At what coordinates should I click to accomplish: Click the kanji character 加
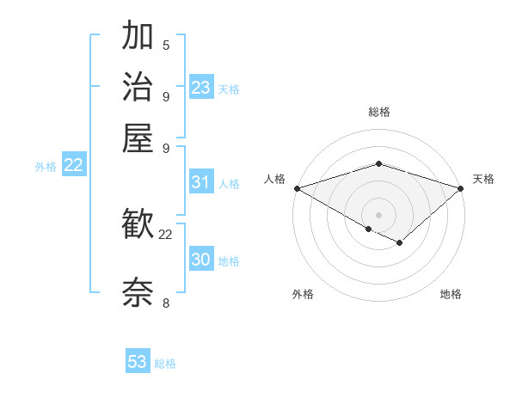click(x=138, y=37)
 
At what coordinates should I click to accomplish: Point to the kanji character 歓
click(x=138, y=225)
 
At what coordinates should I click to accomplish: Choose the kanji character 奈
click(x=138, y=292)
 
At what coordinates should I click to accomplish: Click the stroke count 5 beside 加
click(x=166, y=46)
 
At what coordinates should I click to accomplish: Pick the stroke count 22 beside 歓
click(x=166, y=234)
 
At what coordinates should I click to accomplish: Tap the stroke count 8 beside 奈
click(x=166, y=302)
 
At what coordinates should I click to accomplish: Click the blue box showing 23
click(x=201, y=88)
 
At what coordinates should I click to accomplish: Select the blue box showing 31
click(x=201, y=182)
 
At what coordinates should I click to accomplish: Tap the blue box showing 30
click(x=201, y=260)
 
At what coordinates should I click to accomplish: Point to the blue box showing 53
click(x=138, y=362)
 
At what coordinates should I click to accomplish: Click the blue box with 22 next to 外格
click(x=73, y=166)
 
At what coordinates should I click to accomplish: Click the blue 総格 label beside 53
click(x=165, y=364)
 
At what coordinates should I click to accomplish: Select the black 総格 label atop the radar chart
click(x=379, y=112)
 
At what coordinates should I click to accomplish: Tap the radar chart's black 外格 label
click(x=303, y=295)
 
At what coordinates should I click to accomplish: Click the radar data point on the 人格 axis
click(x=297, y=188)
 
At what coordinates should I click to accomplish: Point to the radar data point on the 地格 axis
click(x=400, y=243)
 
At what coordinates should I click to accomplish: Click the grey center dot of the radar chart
click(x=379, y=214)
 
